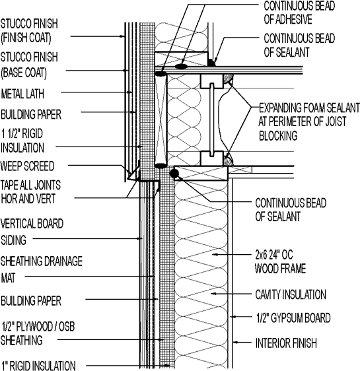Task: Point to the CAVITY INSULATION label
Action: click(x=290, y=294)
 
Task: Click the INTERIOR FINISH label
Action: click(x=286, y=343)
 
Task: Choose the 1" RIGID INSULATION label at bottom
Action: click(x=38, y=365)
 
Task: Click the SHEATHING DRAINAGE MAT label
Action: click(x=41, y=267)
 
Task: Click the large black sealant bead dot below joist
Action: click(x=175, y=174)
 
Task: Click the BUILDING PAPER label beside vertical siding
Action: click(x=30, y=301)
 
